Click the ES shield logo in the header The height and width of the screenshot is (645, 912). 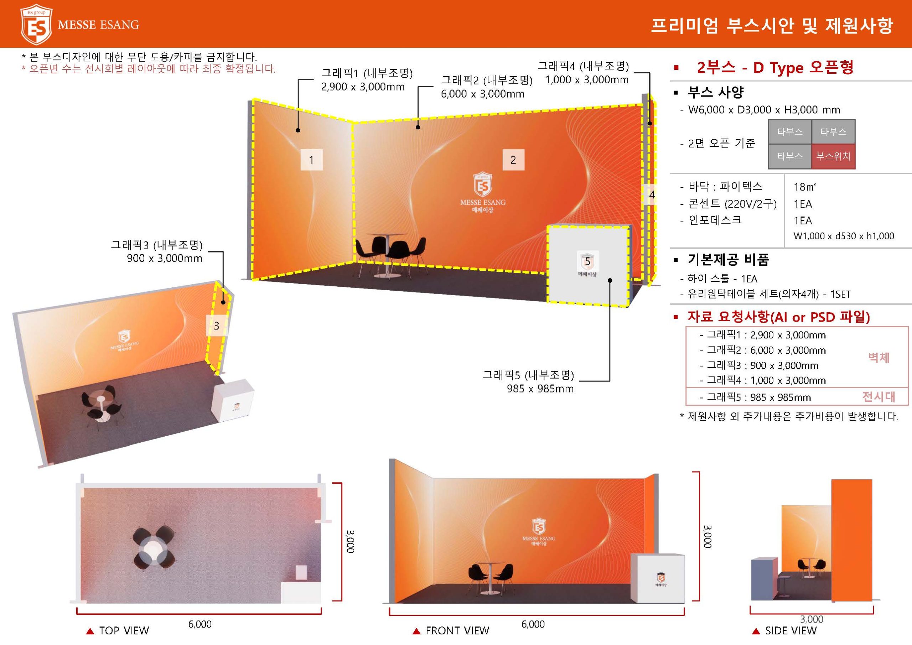[x=36, y=24]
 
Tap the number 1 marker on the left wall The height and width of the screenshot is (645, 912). [x=311, y=160]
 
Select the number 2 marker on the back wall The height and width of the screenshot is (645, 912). [x=513, y=160]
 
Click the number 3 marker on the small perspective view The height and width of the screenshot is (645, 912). [x=217, y=326]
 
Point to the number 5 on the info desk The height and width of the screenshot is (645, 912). [x=587, y=262]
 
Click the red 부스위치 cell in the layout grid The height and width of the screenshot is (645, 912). [x=833, y=156]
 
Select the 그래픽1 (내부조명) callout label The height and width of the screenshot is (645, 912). [x=367, y=73]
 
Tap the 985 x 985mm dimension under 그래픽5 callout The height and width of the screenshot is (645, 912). [x=540, y=389]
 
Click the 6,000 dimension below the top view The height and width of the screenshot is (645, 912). [x=200, y=624]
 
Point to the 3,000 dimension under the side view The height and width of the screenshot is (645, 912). [x=812, y=619]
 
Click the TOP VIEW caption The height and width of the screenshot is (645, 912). [x=124, y=631]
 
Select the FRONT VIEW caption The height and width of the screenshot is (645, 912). [x=457, y=631]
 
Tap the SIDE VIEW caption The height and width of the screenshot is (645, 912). [x=791, y=631]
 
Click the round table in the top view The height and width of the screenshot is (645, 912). [x=153, y=548]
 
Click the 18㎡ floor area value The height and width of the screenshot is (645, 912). [x=804, y=187]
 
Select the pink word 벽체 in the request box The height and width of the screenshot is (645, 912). [x=879, y=358]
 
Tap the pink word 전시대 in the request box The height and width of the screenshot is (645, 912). [x=879, y=396]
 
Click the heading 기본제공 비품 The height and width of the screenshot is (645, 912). [x=729, y=260]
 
